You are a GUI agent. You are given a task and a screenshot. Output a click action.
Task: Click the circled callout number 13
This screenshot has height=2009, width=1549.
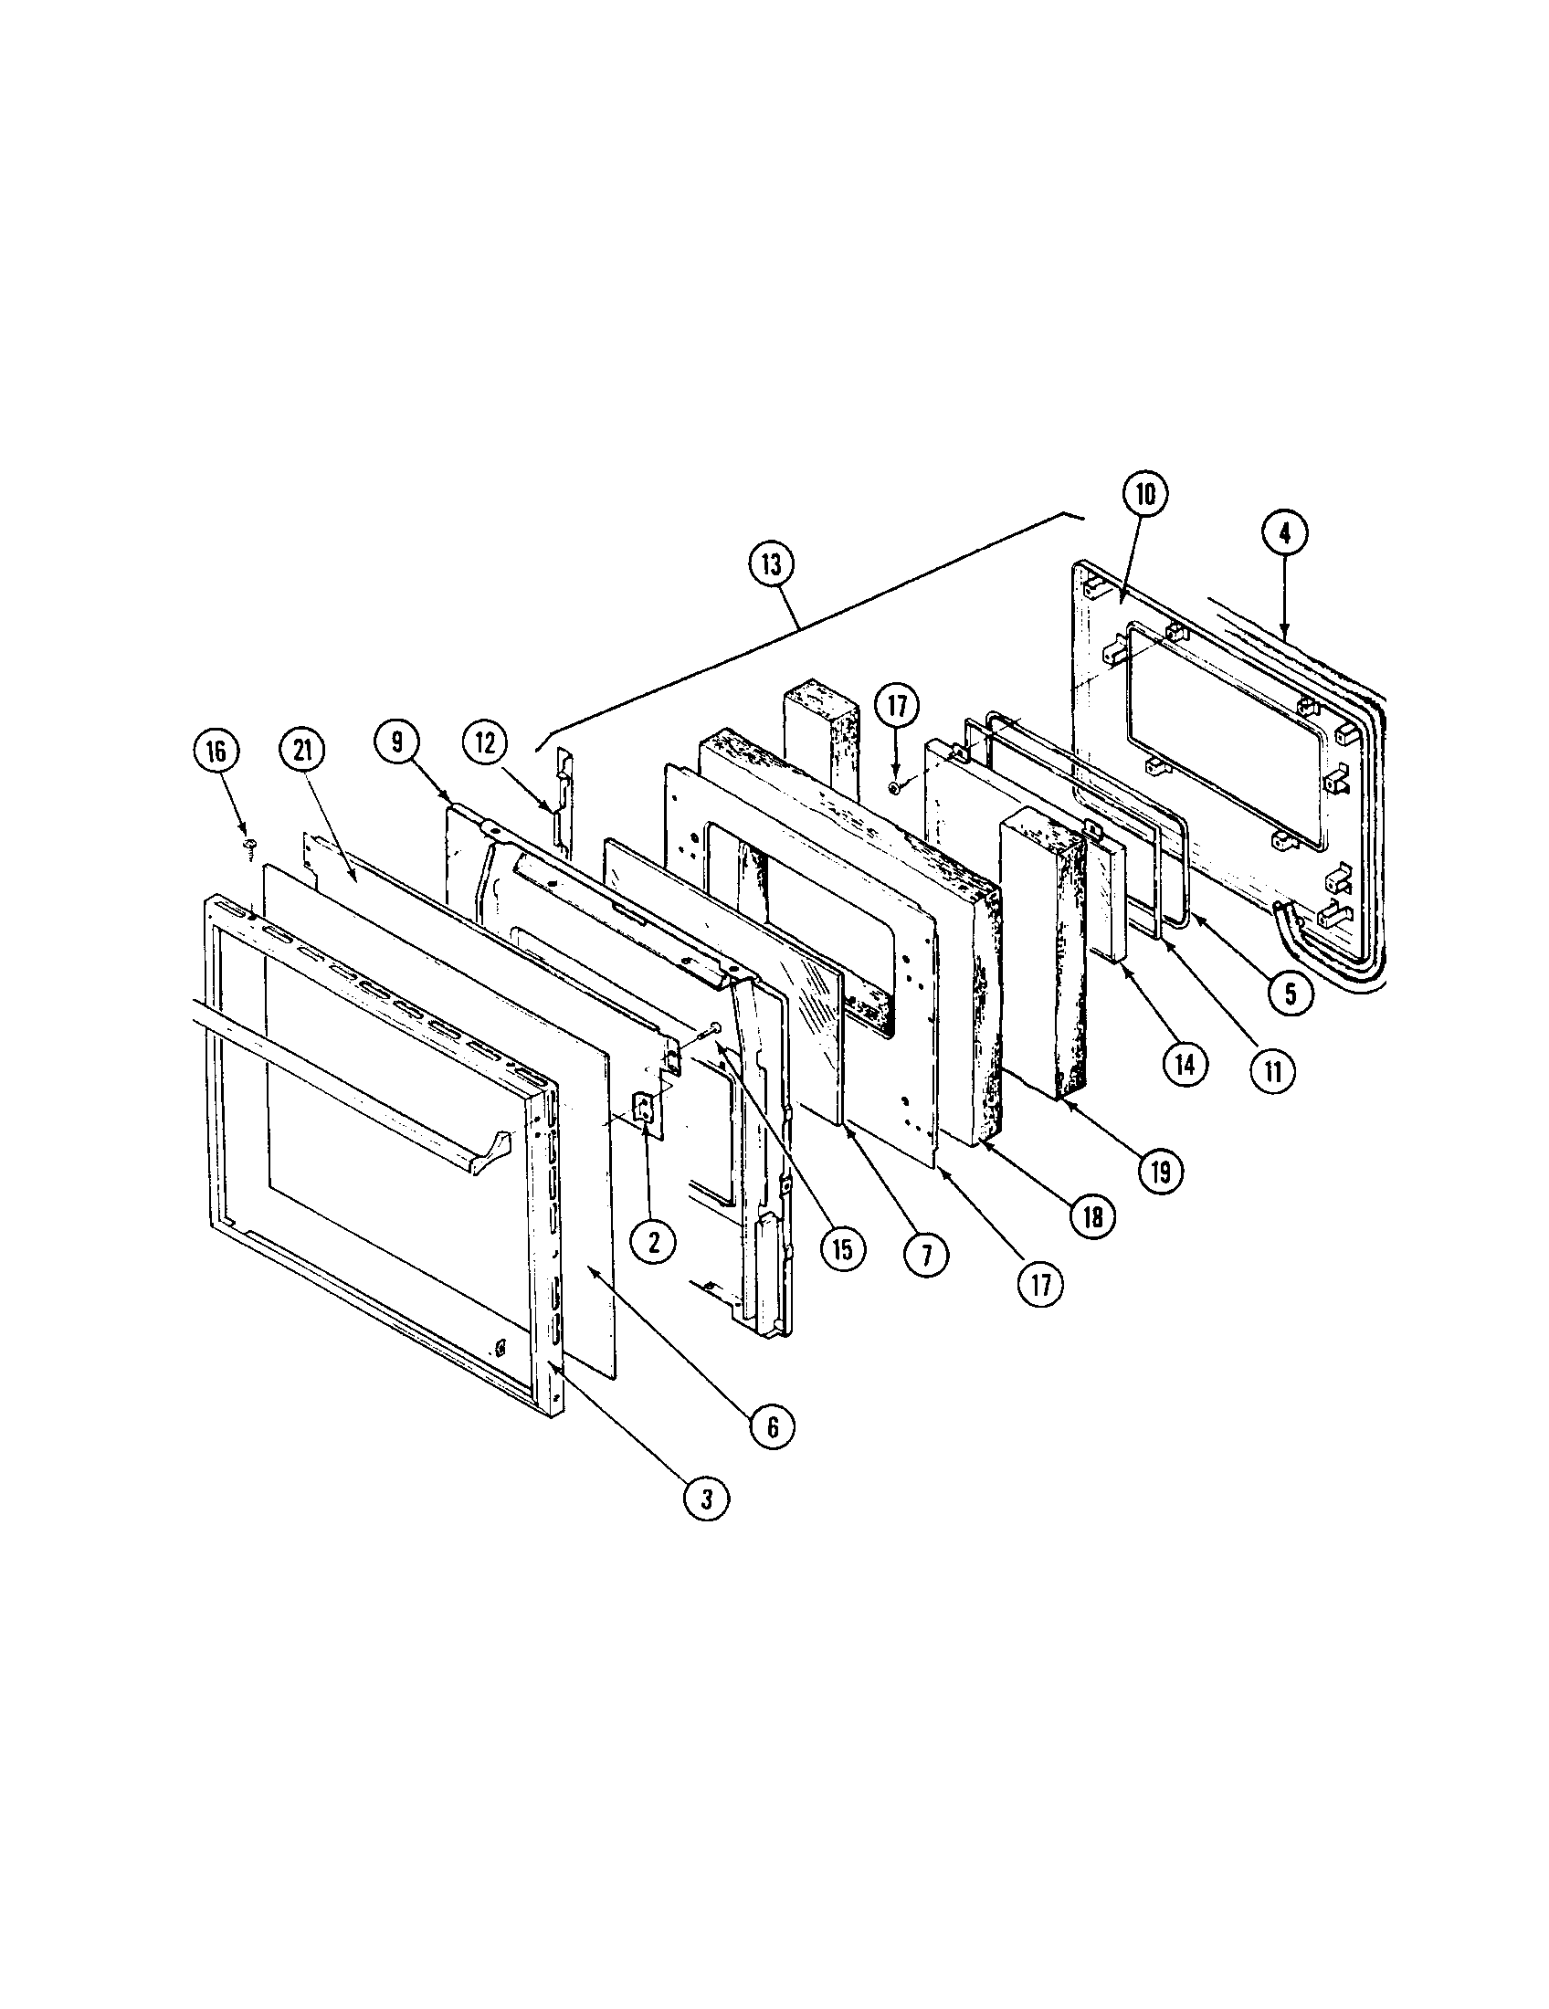770,564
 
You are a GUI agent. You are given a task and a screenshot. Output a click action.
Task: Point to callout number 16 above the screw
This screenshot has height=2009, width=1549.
216,751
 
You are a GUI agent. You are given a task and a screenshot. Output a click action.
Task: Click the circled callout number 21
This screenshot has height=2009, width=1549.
302,751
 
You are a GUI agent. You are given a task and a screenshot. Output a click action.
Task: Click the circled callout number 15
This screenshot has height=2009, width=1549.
844,1248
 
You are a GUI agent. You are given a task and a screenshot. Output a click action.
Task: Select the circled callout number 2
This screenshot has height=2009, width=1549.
653,1243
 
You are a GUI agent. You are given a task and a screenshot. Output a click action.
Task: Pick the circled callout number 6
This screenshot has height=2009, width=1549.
771,1426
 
